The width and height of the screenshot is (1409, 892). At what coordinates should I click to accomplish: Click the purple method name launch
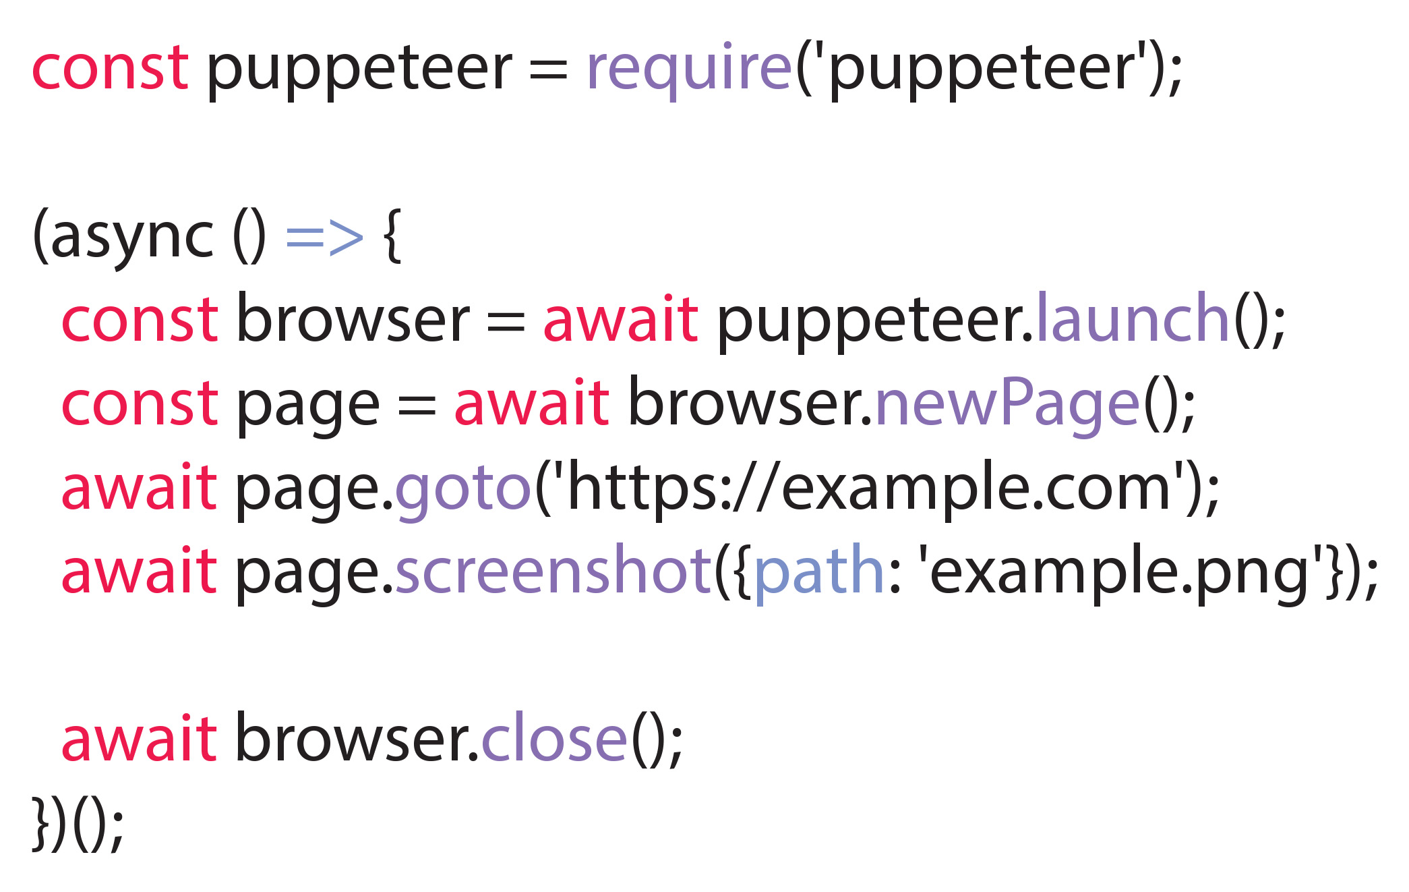pyautogui.click(x=1133, y=317)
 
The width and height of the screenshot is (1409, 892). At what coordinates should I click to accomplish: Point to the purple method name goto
pyautogui.click(x=463, y=490)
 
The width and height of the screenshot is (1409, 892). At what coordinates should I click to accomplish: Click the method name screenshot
pyautogui.click(x=553, y=571)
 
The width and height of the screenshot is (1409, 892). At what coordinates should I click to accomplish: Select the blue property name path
pyautogui.click(x=818, y=574)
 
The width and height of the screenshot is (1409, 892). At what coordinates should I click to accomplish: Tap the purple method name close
pyautogui.click(x=554, y=739)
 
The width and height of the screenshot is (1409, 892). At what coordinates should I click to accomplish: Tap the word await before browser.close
pyautogui.click(x=139, y=739)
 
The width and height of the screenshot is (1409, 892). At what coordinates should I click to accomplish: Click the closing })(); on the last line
pyautogui.click(x=78, y=823)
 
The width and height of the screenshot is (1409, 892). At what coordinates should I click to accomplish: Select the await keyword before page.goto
pyautogui.click(x=139, y=486)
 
